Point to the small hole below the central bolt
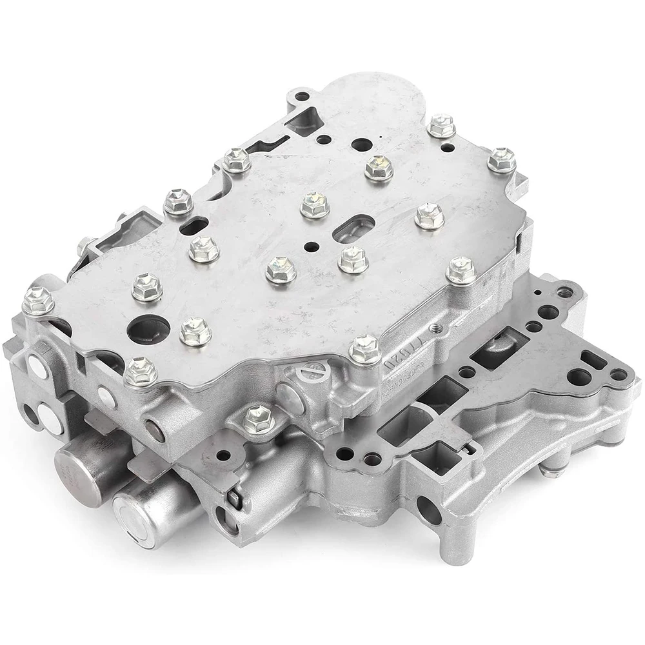click(312, 246)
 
